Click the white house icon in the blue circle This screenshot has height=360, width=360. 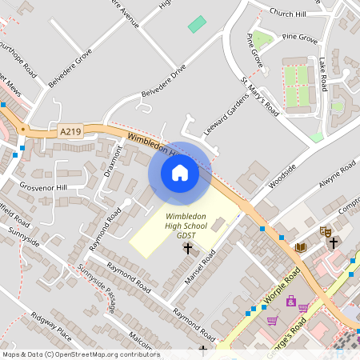point(180,172)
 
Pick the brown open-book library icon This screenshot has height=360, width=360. point(300,247)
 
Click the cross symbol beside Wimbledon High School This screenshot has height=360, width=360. point(188,249)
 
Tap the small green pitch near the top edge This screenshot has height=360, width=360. point(196,24)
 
